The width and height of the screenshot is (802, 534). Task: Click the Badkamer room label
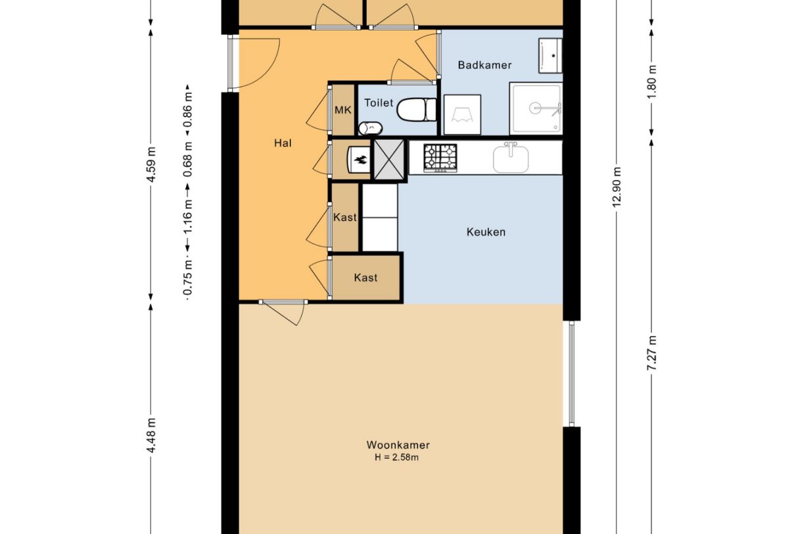click(484, 65)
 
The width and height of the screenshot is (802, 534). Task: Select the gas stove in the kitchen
click(440, 158)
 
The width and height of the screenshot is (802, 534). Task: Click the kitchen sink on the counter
click(511, 158)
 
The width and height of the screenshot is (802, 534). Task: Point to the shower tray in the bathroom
click(536, 108)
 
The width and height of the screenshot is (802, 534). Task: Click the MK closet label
click(342, 110)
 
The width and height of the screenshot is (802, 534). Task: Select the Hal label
click(283, 143)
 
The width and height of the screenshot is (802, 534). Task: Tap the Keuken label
click(486, 232)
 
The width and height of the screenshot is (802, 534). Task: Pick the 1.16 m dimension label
click(188, 219)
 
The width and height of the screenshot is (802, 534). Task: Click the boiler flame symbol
click(360, 159)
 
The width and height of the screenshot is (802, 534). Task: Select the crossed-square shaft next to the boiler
click(390, 159)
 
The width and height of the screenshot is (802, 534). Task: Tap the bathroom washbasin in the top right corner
click(550, 55)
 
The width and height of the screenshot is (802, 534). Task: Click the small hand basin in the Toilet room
click(367, 127)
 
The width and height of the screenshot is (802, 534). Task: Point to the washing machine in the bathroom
click(463, 115)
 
